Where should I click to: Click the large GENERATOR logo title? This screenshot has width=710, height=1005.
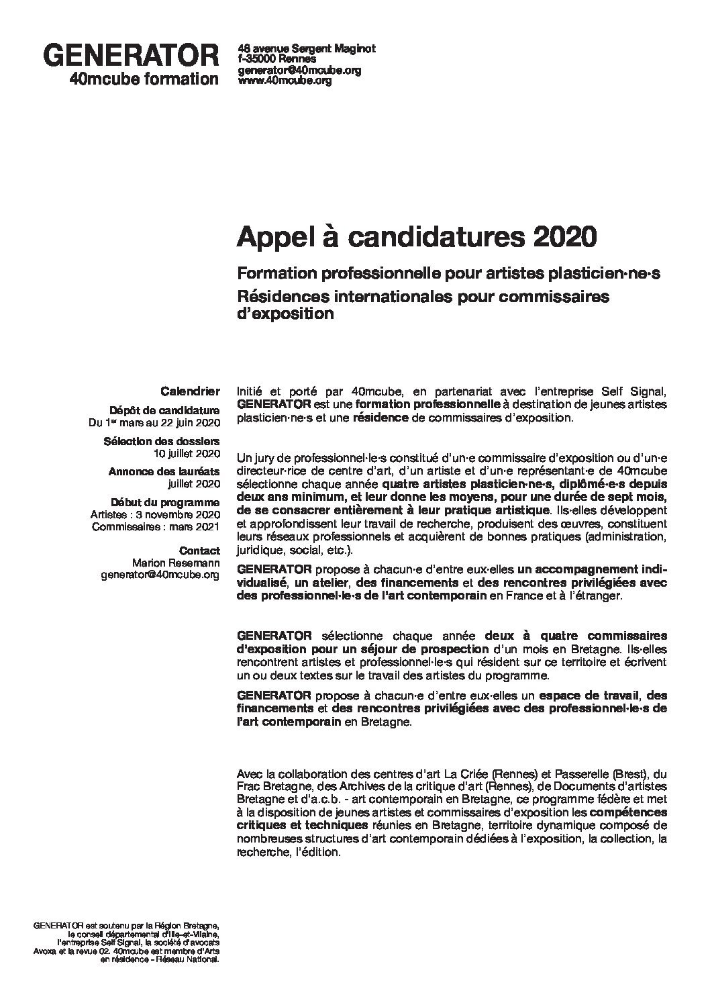(131, 55)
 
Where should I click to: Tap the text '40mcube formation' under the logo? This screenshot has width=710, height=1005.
(144, 79)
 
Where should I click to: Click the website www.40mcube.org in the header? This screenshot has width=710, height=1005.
(285, 81)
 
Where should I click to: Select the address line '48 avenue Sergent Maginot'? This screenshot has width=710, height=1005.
(307, 48)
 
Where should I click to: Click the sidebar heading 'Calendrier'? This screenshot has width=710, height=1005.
(190, 390)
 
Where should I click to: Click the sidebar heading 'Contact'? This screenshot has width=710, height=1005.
(200, 551)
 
